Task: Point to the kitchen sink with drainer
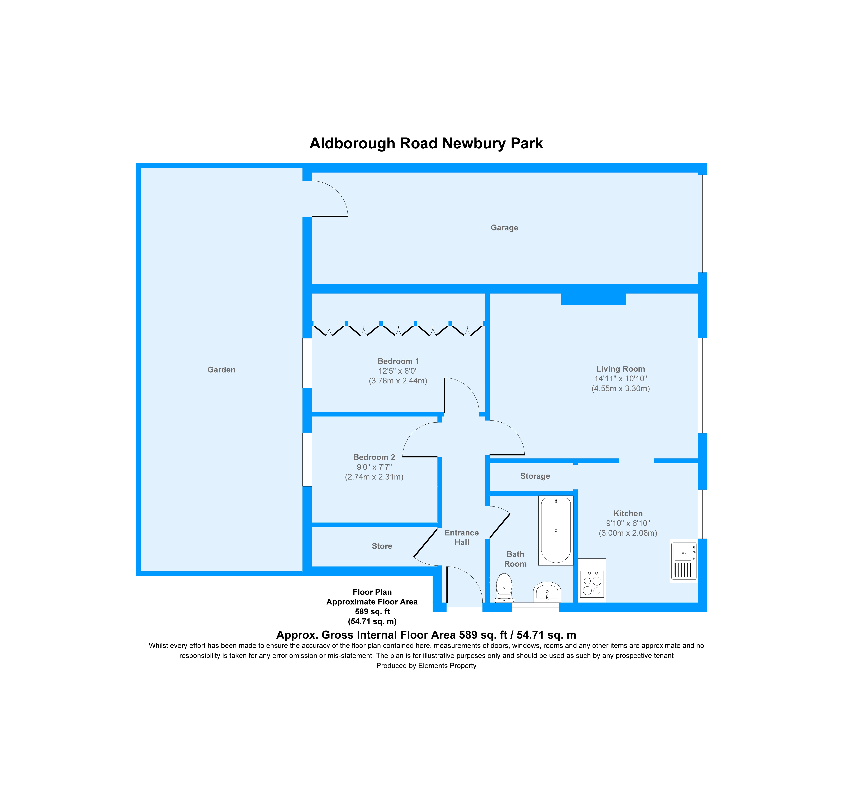[x=683, y=561]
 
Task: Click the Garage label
[x=504, y=228]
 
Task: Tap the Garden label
[x=221, y=370]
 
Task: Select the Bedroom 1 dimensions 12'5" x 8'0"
[x=398, y=371]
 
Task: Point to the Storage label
[x=535, y=476]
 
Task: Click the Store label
[x=382, y=546]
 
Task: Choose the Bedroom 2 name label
[x=374, y=457]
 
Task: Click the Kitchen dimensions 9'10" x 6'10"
[x=627, y=523]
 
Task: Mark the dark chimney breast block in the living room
[x=593, y=299]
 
